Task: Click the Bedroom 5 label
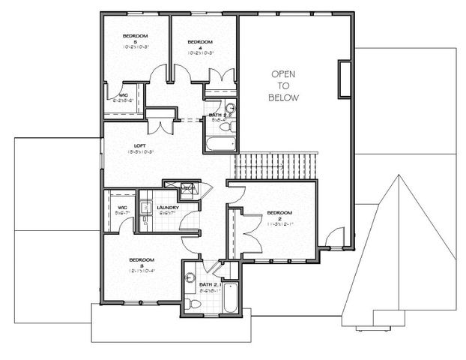[136, 36]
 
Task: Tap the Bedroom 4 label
[201, 41]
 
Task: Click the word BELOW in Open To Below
[284, 97]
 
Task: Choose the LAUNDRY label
[167, 208]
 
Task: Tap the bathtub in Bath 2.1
[229, 297]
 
